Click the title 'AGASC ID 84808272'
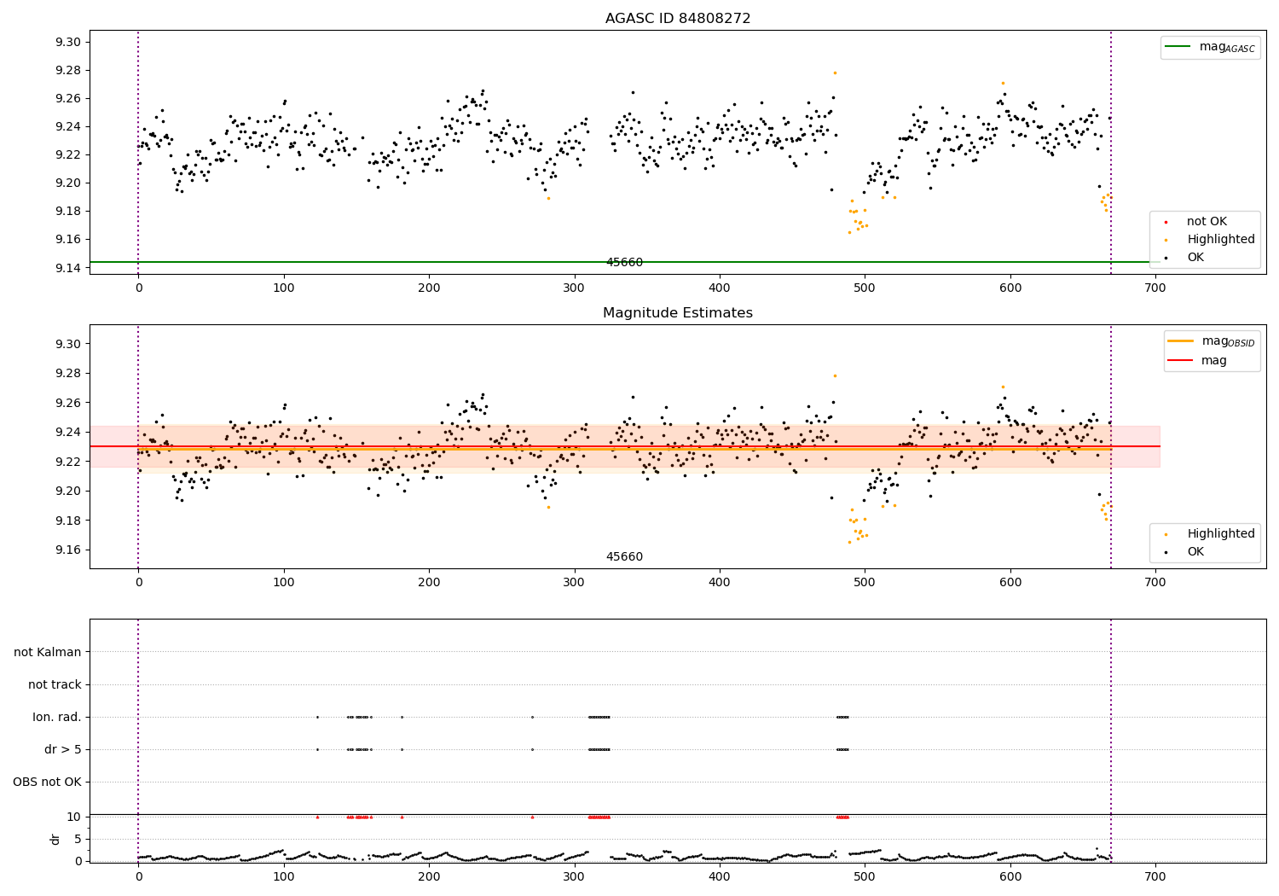(x=677, y=18)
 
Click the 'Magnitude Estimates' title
(x=677, y=312)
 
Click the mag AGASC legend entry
(x=1210, y=48)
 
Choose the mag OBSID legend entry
(x=1211, y=341)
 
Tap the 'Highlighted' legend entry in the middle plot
(x=1210, y=533)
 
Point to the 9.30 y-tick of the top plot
(x=68, y=42)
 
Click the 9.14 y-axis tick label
(x=68, y=267)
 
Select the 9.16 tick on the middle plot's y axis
(x=68, y=550)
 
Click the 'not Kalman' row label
(x=48, y=652)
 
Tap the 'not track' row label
(x=55, y=684)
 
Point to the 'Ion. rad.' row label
(x=57, y=717)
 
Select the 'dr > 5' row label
(x=63, y=750)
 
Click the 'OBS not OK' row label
(x=48, y=782)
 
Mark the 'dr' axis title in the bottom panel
(x=55, y=840)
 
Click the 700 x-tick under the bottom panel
(x=1155, y=877)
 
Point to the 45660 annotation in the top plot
(x=624, y=262)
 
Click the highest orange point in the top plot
(x=835, y=73)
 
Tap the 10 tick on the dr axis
(x=74, y=817)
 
